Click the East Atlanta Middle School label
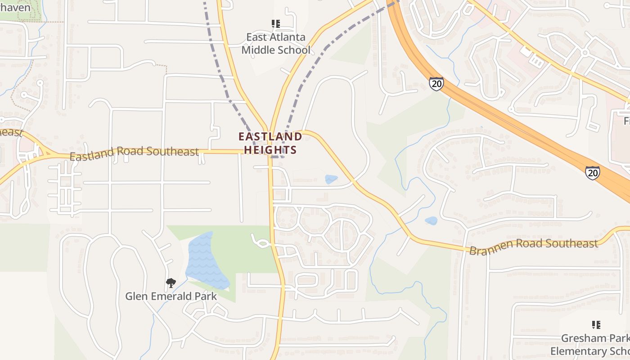pyautogui.click(x=276, y=44)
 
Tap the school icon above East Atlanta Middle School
pyautogui.click(x=275, y=23)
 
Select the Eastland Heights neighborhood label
pyautogui.click(x=270, y=143)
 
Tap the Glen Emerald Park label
pyautogui.click(x=171, y=297)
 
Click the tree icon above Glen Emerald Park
pyautogui.click(x=171, y=283)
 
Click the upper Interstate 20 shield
pyautogui.click(x=436, y=84)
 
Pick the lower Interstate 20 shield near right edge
pyautogui.click(x=592, y=173)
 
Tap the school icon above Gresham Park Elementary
pyautogui.click(x=596, y=325)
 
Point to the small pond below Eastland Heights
pyautogui.click(x=331, y=180)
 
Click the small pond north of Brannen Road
pyautogui.click(x=431, y=220)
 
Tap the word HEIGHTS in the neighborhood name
pyautogui.click(x=270, y=150)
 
